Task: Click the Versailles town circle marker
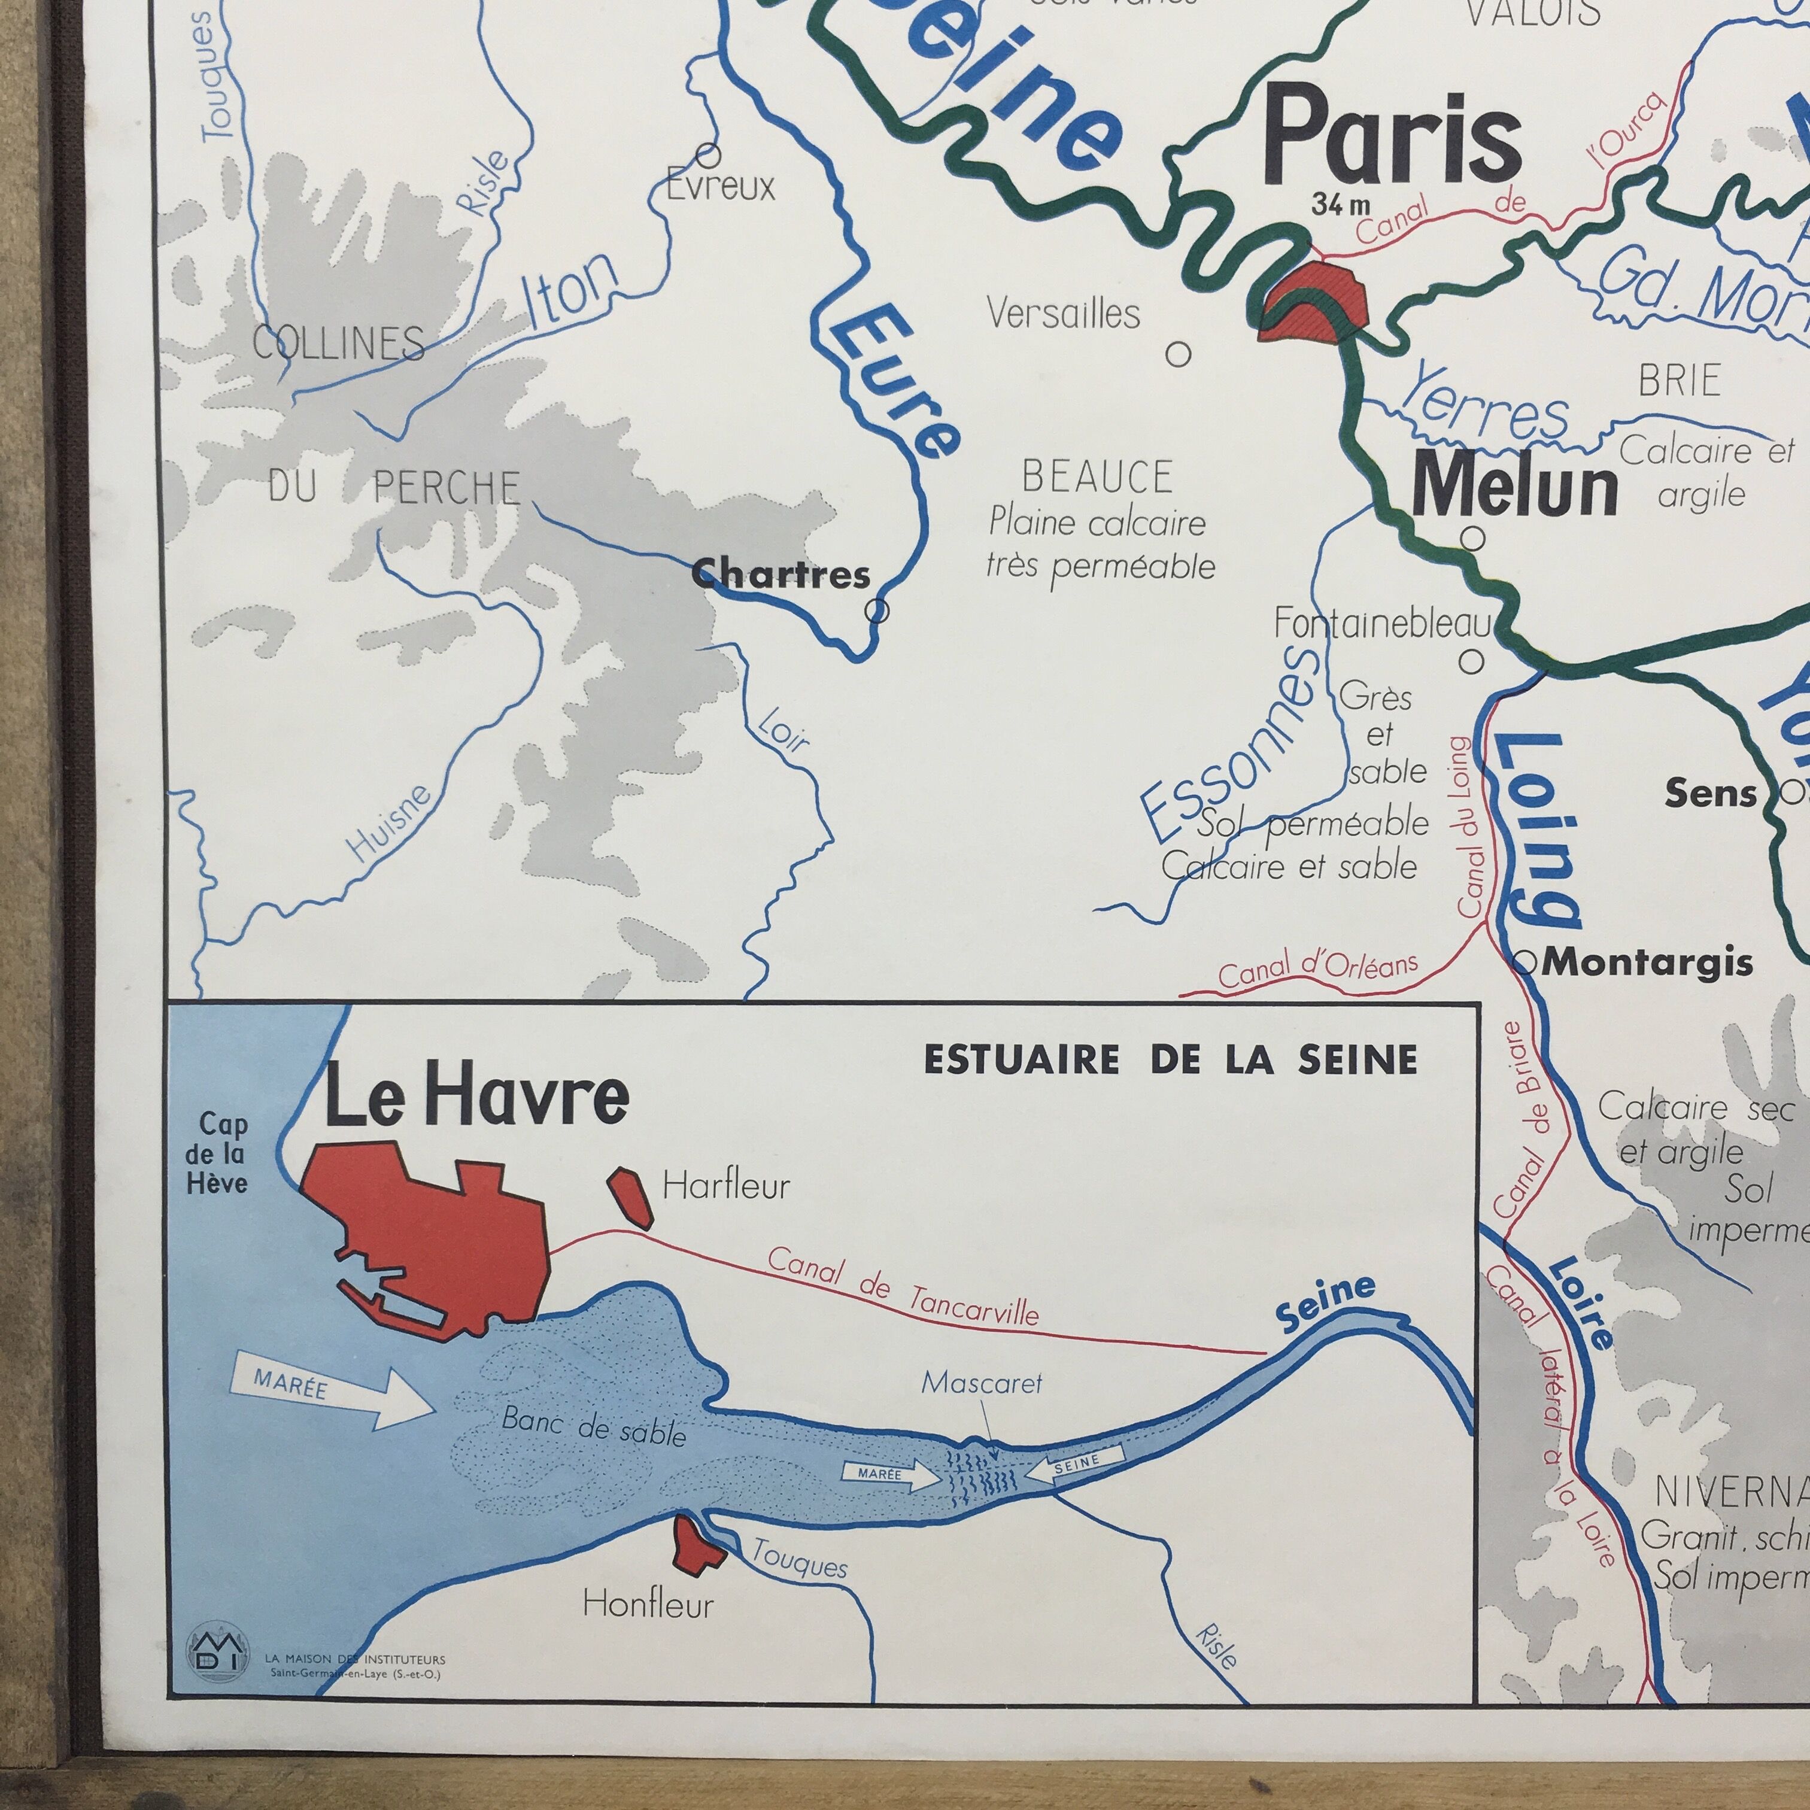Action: [1177, 354]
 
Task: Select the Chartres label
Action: [781, 573]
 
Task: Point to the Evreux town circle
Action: [708, 154]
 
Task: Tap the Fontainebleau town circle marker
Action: [1472, 661]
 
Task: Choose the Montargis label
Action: [1646, 962]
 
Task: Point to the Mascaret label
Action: [981, 1383]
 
